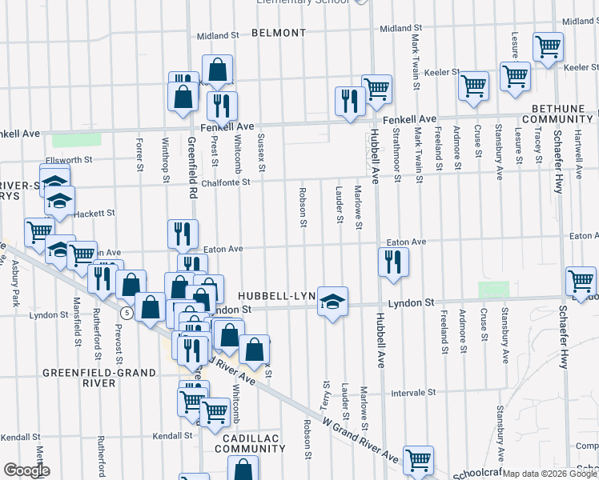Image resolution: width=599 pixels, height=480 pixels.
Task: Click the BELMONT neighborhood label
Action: point(278,33)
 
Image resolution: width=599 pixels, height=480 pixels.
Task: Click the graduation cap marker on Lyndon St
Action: point(332,302)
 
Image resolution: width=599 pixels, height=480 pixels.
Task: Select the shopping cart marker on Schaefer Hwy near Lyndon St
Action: point(581,282)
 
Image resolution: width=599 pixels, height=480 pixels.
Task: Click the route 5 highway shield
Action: point(127,310)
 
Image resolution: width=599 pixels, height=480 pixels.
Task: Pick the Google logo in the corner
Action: point(26,470)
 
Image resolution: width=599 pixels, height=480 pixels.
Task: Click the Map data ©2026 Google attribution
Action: point(549,474)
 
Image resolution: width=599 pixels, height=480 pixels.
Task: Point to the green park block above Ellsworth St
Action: point(76,139)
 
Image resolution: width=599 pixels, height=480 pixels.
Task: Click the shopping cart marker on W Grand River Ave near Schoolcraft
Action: point(418,460)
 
